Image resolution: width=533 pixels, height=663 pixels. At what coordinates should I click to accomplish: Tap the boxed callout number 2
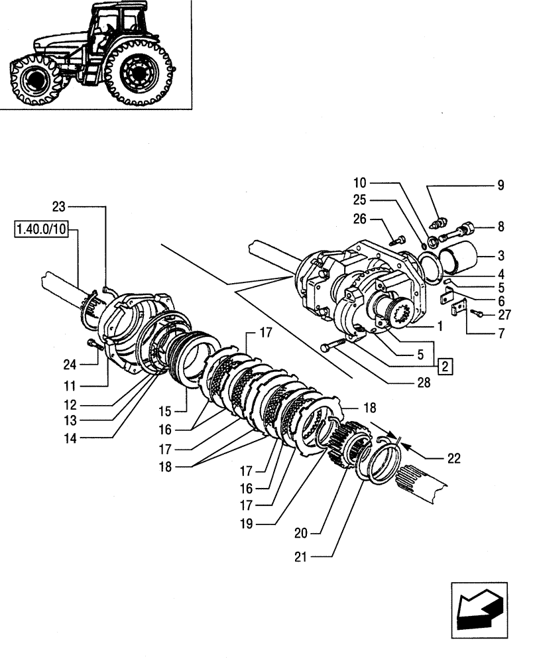pyautogui.click(x=444, y=366)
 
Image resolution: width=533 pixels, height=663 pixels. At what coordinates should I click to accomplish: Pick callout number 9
pyautogui.click(x=501, y=186)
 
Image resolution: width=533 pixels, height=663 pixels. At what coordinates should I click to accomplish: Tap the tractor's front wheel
pyautogui.click(x=30, y=82)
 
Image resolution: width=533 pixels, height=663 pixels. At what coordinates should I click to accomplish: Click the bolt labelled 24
pyautogui.click(x=94, y=344)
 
